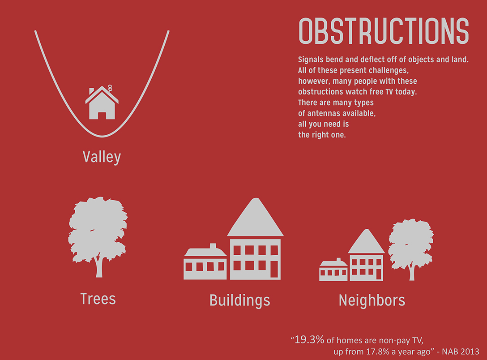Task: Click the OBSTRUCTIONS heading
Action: point(384,31)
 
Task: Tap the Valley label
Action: point(102,157)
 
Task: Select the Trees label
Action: point(98,299)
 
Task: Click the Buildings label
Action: point(240,301)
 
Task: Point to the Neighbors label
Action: point(372,300)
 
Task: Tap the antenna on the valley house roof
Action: point(110,88)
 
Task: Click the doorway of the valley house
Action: point(102,116)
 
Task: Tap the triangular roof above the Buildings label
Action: point(255,217)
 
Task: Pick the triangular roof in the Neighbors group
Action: point(367,241)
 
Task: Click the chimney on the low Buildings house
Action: point(213,246)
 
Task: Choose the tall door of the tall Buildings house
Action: point(274,269)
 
